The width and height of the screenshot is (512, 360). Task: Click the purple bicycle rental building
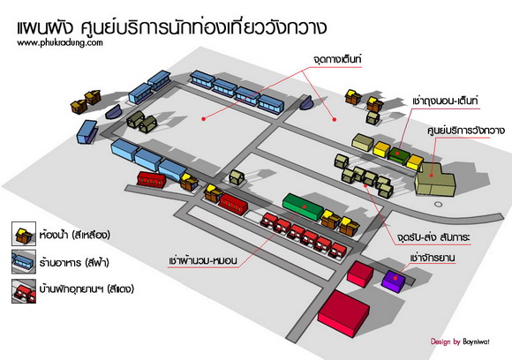[394, 281]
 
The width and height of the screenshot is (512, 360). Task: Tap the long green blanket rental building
[303, 206]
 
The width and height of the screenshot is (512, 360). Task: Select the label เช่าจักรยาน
[432, 258]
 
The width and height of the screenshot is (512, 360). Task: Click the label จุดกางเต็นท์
[337, 60]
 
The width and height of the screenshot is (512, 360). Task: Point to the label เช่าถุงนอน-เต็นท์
[445, 101]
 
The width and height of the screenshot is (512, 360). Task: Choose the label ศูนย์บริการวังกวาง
[466, 131]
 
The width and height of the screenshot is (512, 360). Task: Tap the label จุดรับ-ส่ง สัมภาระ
[433, 236]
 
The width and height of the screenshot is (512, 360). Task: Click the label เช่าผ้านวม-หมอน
[203, 260]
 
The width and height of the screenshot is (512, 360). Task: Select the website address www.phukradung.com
[60, 42]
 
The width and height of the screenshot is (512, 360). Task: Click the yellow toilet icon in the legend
[24, 234]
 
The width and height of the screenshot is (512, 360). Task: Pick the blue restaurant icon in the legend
[24, 262]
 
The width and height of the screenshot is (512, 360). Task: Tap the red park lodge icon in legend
[24, 291]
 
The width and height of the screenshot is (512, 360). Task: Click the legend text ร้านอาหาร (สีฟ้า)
[74, 262]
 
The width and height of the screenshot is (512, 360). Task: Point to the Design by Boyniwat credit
[460, 341]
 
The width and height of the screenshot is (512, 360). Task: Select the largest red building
[343, 313]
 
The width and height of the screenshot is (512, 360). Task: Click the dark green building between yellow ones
[398, 154]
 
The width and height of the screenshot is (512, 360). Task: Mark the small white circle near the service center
[439, 205]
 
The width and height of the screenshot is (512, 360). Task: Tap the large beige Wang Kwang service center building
[434, 181]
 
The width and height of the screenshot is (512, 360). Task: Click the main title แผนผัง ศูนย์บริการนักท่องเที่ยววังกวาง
[171, 27]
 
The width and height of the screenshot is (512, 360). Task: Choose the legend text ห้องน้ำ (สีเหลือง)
[75, 235]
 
